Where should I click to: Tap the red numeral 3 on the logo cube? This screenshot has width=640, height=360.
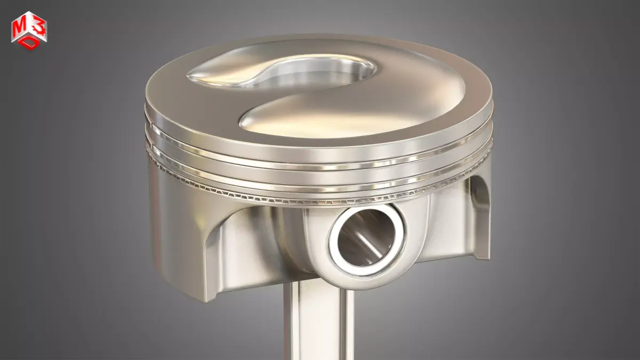36,21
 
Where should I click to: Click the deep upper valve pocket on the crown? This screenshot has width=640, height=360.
315,72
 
